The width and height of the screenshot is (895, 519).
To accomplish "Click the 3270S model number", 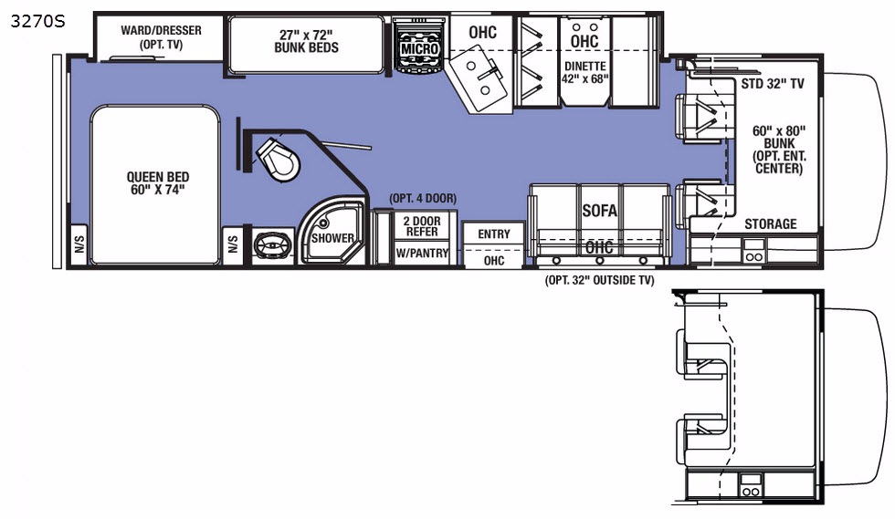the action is [37, 22].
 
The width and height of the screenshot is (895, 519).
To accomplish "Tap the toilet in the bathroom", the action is [278, 161].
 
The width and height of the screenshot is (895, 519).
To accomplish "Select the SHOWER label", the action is [332, 238].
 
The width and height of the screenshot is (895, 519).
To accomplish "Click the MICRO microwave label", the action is [419, 49].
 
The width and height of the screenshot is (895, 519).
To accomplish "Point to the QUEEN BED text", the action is [158, 177].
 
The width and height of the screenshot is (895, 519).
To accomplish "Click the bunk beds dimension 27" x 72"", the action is [306, 35].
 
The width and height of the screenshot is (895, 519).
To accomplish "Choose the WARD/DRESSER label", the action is [161, 30].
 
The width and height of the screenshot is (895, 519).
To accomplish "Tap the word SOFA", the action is [599, 211].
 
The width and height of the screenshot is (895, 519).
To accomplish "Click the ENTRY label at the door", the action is [494, 234].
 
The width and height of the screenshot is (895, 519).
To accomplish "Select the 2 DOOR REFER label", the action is [422, 226].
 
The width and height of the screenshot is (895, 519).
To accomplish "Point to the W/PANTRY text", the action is [422, 253].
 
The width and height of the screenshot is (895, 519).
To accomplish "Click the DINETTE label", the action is [585, 67].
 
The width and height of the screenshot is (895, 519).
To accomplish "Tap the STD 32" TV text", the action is [773, 84].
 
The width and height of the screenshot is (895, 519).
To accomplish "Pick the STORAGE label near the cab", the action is [771, 223].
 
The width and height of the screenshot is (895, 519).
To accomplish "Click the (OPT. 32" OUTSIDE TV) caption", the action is [600, 280].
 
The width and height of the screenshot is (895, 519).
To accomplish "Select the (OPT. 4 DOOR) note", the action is [423, 199].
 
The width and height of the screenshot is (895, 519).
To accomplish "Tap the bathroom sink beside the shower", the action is [273, 246].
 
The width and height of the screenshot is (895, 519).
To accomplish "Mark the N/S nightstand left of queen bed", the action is [79, 244].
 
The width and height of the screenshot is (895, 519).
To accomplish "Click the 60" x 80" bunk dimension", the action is [779, 130].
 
